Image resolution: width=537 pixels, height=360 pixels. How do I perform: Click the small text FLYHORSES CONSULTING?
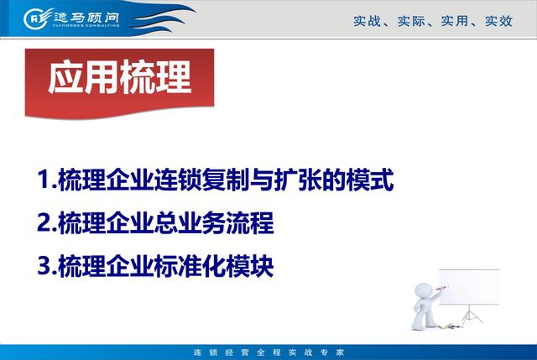[86, 25]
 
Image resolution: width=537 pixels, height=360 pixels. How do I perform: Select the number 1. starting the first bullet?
[47, 179]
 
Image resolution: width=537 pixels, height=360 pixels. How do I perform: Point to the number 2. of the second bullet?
[47, 222]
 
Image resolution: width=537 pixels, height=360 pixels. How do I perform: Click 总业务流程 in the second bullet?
[214, 222]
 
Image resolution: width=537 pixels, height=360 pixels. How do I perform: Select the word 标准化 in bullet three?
[190, 266]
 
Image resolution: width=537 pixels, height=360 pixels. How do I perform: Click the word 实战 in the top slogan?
[367, 21]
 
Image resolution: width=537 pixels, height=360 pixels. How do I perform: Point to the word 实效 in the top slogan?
[498, 21]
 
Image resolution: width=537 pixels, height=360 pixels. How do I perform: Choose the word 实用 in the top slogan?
[455, 21]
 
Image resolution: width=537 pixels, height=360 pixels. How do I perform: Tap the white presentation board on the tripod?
[469, 287]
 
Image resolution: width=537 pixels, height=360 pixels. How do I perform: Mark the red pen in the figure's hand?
[442, 288]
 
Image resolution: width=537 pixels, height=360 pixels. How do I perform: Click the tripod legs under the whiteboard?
[472, 316]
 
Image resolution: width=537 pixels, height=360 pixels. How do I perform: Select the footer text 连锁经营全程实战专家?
[268, 352]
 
